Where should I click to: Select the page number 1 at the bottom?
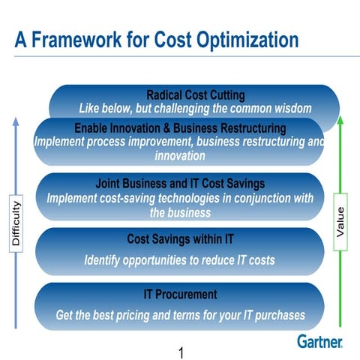(181, 351)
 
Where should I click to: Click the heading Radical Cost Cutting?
(195, 95)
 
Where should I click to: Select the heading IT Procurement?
(180, 295)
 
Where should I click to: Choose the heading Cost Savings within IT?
(180, 239)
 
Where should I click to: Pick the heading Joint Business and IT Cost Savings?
(180, 183)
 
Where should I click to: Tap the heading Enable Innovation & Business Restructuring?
(180, 128)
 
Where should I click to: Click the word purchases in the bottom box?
(277, 315)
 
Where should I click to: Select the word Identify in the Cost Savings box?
(104, 260)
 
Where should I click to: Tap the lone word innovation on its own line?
(180, 156)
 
